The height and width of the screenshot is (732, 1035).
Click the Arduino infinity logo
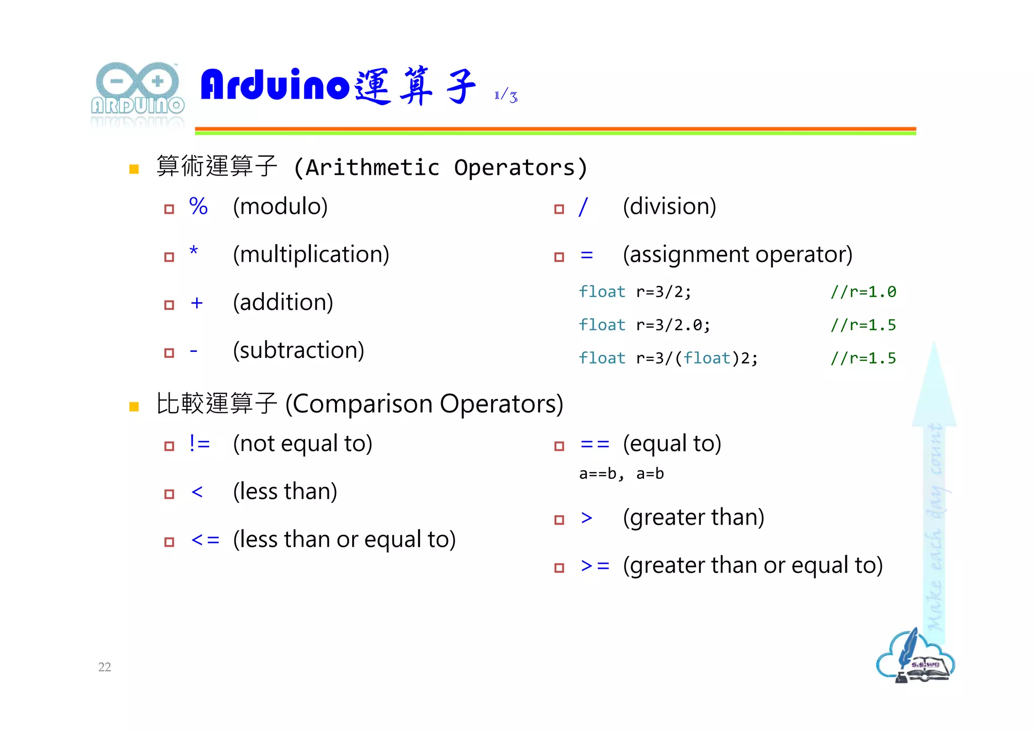(x=137, y=82)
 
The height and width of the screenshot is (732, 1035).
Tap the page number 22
(x=105, y=667)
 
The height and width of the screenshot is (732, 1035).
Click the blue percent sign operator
(x=198, y=206)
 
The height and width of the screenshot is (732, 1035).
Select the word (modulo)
(x=280, y=206)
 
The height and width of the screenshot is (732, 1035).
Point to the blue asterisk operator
(x=194, y=251)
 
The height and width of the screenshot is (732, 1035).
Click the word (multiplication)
(x=311, y=254)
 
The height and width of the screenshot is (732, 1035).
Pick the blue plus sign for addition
(x=197, y=303)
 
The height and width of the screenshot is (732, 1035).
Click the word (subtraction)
(x=298, y=350)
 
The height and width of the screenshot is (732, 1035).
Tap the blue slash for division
(x=583, y=206)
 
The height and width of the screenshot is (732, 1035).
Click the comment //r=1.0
(x=863, y=292)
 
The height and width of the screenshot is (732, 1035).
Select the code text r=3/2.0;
(x=673, y=325)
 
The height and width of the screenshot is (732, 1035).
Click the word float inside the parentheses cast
(x=707, y=358)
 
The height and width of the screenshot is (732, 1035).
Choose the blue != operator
(x=199, y=443)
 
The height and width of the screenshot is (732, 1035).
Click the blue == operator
(x=595, y=444)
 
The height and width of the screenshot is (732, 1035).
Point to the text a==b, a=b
(x=621, y=474)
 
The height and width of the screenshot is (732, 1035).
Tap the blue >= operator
(x=595, y=566)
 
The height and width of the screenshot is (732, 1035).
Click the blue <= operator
(x=205, y=540)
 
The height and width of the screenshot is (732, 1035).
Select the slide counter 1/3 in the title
(x=506, y=96)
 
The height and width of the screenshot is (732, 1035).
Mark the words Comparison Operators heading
(x=425, y=404)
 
